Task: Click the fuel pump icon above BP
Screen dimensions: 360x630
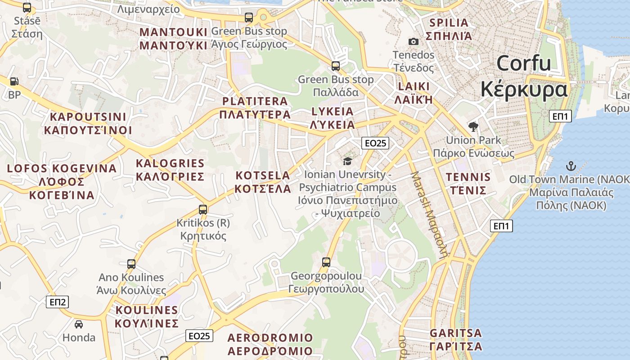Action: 14,81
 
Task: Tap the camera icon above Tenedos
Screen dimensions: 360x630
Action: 413,42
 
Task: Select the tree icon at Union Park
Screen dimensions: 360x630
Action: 473,127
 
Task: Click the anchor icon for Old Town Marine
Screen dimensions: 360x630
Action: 571,166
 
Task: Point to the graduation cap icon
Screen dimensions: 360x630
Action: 347,161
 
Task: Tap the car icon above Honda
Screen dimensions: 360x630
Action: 79,324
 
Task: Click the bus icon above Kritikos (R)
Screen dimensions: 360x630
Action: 203,209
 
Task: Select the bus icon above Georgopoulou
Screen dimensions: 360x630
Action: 326,262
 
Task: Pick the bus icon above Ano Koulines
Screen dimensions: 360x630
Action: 131,264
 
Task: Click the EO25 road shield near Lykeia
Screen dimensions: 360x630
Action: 375,143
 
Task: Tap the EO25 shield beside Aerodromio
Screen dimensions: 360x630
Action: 199,336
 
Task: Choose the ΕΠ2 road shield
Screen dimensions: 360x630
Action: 58,302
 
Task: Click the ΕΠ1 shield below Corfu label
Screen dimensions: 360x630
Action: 560,117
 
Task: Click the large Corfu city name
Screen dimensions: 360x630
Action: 524,63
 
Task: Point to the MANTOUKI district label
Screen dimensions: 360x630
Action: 173,32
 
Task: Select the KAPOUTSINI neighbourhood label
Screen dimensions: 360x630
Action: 88,117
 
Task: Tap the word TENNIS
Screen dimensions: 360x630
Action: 468,177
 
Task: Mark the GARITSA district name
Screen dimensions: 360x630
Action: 456,333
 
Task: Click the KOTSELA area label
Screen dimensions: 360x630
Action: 263,175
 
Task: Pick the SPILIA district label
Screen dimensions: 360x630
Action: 449,22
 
